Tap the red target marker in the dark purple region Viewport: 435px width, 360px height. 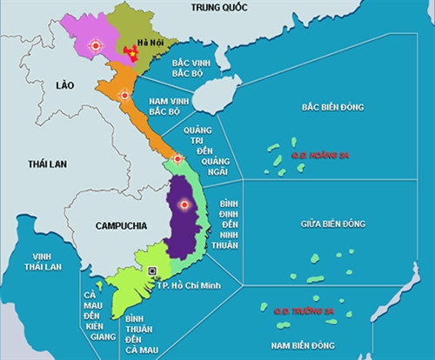(x=184, y=205)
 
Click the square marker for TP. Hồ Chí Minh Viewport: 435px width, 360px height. (x=154, y=270)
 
